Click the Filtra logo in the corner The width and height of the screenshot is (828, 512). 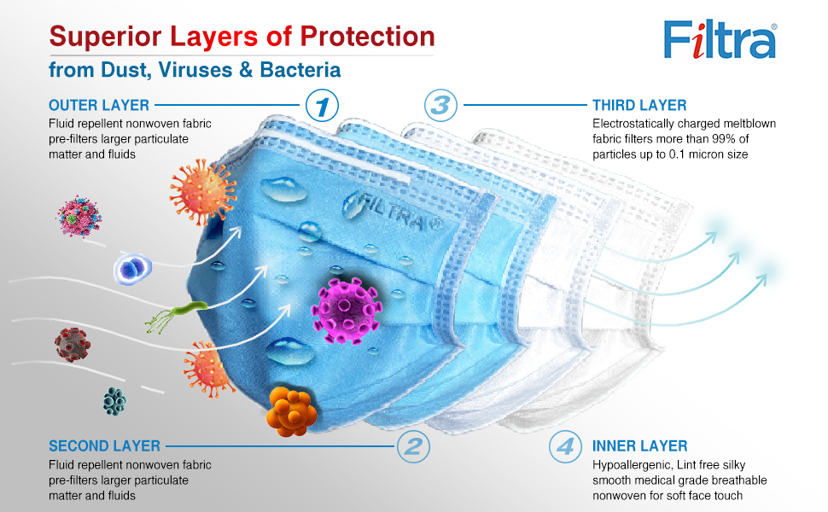(720, 39)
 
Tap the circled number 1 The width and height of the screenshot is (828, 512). (322, 106)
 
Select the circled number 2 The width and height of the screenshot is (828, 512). (413, 446)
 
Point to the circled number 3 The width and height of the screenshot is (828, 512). (440, 105)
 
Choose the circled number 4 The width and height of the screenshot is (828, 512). (565, 446)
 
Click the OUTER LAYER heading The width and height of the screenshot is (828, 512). (99, 106)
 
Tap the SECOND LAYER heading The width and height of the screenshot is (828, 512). (104, 446)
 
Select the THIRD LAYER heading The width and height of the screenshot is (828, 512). (639, 106)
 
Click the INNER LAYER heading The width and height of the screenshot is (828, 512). (640, 446)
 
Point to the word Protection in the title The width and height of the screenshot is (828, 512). (368, 37)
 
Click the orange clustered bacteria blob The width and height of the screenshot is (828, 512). (291, 411)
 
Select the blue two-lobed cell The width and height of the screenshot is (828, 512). (132, 269)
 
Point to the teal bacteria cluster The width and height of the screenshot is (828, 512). (114, 402)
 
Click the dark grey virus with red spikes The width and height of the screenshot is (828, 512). (73, 344)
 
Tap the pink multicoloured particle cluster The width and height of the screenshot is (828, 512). (79, 217)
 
